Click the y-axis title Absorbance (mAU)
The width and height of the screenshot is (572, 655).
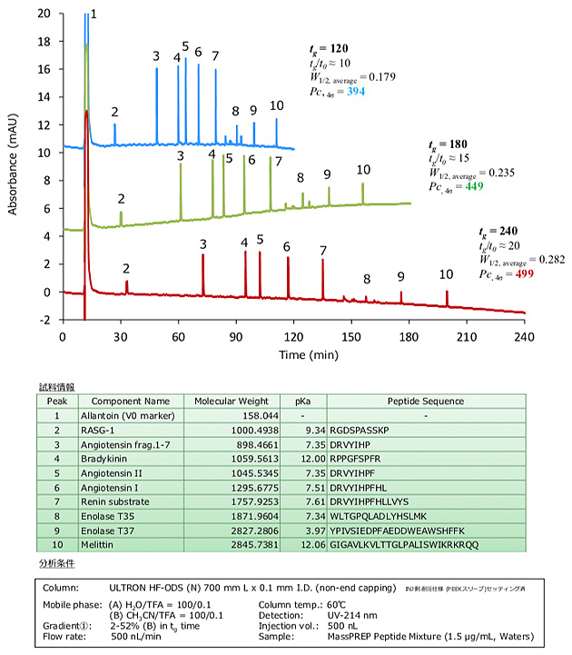14,164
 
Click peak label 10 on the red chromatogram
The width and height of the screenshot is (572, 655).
446,274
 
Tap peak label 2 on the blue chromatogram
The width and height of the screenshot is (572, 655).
114,112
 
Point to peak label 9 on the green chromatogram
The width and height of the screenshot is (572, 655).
327,174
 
